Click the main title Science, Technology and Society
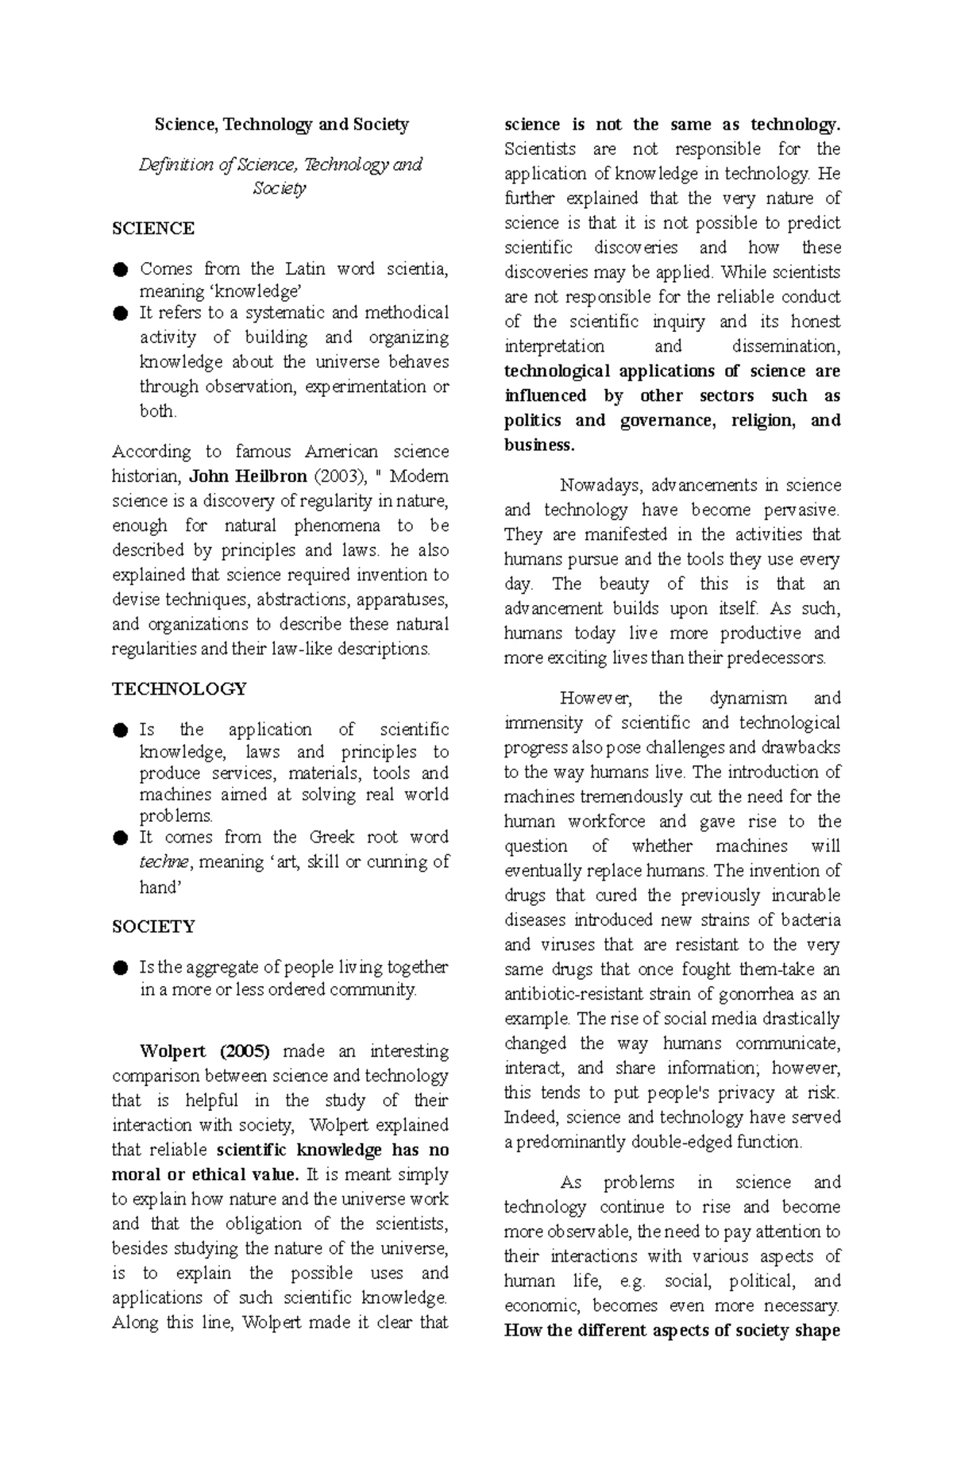281,125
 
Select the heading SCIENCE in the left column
153,229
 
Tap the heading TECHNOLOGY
179,689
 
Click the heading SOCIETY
153,927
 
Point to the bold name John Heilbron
248,476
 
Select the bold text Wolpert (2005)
205,1052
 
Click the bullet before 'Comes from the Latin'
120,270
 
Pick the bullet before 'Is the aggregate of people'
120,968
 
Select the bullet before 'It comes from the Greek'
120,838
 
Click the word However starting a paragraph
596,699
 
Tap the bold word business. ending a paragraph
538,445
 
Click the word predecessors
777,658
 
